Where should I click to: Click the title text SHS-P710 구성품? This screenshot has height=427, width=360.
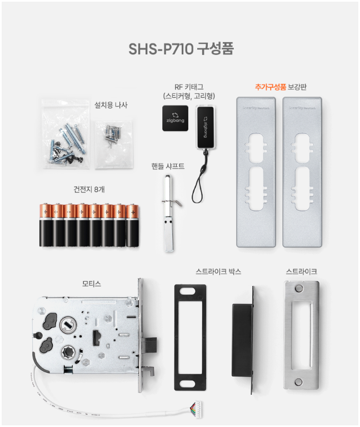[x=181, y=48]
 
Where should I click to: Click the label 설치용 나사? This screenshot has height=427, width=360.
[x=111, y=104]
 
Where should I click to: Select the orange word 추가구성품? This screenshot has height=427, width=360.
[x=271, y=87]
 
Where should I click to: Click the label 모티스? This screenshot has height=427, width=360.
[x=92, y=284]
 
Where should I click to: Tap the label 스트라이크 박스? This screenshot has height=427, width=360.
[x=219, y=272]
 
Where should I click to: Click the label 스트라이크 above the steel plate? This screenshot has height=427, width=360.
[x=302, y=272]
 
